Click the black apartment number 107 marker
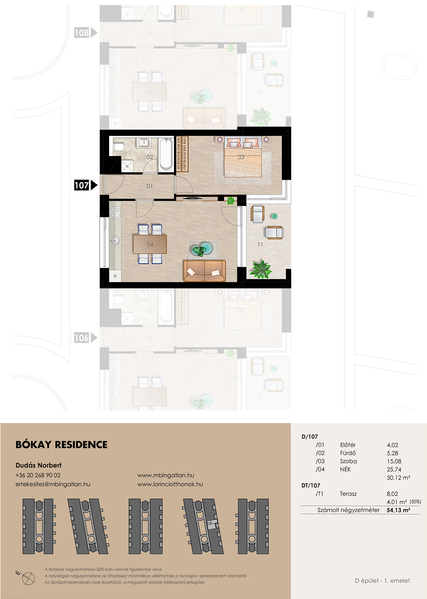[x=86, y=185]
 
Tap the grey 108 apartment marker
[x=86, y=33]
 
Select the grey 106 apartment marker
[x=86, y=338]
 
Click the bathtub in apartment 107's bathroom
[x=166, y=154]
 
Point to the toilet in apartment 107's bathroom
[x=118, y=147]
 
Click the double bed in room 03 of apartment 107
[x=243, y=157]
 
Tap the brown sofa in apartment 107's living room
[x=205, y=270]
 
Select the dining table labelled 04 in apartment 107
[x=150, y=244]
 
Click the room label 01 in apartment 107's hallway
[x=149, y=186]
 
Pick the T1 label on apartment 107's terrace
[x=260, y=245]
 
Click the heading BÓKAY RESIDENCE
[x=62, y=445]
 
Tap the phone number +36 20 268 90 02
[x=38, y=475]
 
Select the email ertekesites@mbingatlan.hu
[x=53, y=484]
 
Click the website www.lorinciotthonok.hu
[x=170, y=484]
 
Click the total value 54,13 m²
[x=398, y=510]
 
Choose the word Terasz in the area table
[x=348, y=494]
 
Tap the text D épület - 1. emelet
[x=382, y=580]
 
